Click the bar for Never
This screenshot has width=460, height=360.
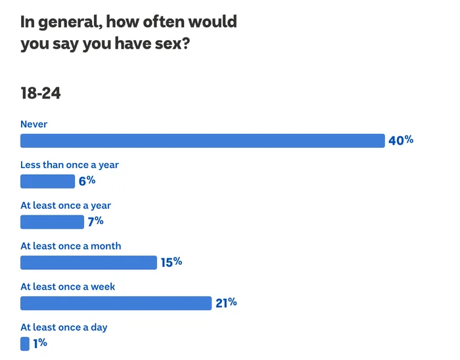click(x=202, y=141)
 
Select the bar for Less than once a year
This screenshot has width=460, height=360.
click(x=48, y=181)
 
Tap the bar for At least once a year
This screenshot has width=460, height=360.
click(x=52, y=222)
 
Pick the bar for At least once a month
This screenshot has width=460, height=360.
click(x=89, y=263)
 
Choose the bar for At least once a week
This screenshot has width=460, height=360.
click(x=116, y=303)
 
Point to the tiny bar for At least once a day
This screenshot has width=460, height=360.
click(x=25, y=344)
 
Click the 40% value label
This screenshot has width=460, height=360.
click(x=401, y=140)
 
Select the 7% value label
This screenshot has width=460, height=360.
click(x=96, y=221)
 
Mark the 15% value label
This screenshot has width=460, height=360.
click(x=171, y=262)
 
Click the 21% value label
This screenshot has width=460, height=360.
click(x=225, y=303)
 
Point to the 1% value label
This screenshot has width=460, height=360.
click(x=40, y=343)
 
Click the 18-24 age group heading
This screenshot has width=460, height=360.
click(x=41, y=93)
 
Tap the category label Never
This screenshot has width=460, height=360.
click(x=34, y=124)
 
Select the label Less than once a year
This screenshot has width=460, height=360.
click(x=70, y=165)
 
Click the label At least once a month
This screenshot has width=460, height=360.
click(x=71, y=246)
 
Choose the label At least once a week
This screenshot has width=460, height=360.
click(x=68, y=286)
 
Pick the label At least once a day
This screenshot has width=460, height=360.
click(x=64, y=327)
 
